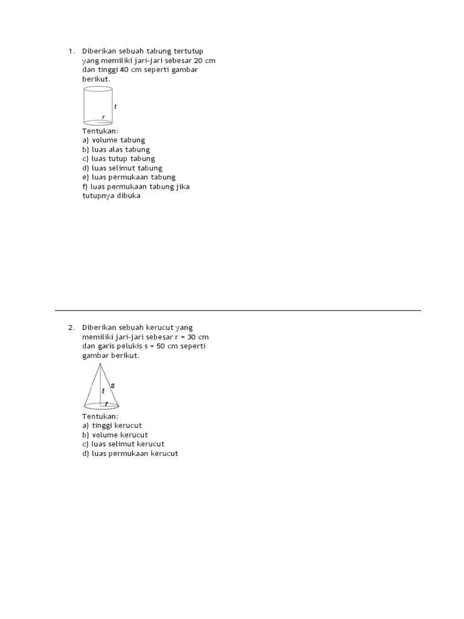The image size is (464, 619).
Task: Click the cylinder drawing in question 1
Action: (x=97, y=105)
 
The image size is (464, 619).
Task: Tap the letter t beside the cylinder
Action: (x=115, y=106)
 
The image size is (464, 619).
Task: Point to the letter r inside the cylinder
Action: (x=103, y=117)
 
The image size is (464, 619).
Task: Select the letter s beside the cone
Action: (x=112, y=385)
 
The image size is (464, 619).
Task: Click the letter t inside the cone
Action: (x=103, y=391)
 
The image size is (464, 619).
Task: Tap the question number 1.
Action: (x=71, y=51)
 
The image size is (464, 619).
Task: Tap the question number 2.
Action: (x=71, y=328)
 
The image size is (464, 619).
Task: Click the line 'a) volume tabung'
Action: (x=114, y=140)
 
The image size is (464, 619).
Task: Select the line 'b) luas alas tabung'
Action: (x=116, y=149)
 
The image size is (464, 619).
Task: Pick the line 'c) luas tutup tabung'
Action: (x=118, y=158)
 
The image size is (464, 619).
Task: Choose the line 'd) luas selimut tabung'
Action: (x=122, y=168)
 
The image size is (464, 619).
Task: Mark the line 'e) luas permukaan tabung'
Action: (x=129, y=177)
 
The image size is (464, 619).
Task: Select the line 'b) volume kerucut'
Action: (x=115, y=435)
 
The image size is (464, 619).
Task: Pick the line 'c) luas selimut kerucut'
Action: (x=123, y=444)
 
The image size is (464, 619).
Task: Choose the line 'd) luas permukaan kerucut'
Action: (x=130, y=453)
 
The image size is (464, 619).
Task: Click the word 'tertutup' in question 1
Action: (x=196, y=51)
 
